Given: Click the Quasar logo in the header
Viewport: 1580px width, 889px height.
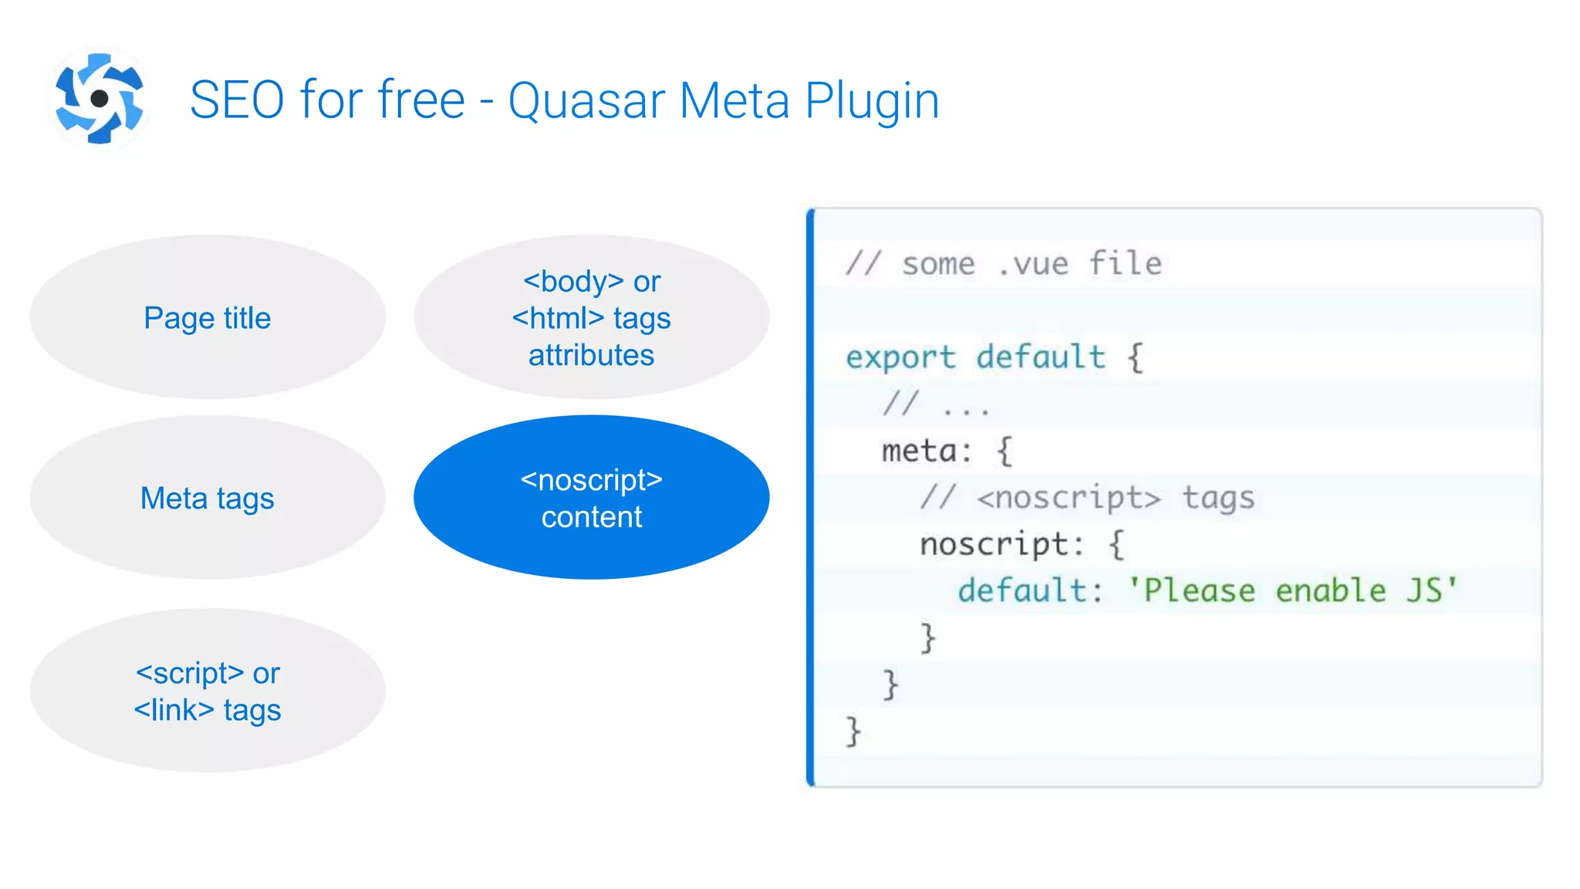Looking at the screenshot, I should point(99,98).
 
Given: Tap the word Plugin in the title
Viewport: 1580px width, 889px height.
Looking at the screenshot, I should point(872,101).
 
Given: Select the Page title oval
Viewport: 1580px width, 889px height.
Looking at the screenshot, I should point(208,317).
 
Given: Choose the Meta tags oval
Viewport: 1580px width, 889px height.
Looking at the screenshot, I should point(208,498).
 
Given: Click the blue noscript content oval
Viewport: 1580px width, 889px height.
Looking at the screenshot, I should point(591,498).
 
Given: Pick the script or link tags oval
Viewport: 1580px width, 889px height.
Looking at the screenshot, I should point(208,691).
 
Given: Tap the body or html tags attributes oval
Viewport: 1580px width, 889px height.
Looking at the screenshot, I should point(591,317).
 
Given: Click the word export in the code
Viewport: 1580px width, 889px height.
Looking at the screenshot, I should point(900,357).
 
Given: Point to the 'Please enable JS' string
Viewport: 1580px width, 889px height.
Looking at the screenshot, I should point(1292,590).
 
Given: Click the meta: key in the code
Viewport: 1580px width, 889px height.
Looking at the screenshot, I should point(927,451).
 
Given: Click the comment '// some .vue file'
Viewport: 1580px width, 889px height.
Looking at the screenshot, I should point(1003,264).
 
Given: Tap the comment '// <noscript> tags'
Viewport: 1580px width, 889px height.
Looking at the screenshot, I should point(1086,498).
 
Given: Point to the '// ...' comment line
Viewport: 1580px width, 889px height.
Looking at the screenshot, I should point(936,404).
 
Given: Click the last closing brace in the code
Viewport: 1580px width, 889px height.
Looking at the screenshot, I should point(852,731).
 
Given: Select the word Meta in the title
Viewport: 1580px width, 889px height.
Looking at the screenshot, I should point(734,101).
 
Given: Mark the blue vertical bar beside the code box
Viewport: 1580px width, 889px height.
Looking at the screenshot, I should point(810,498).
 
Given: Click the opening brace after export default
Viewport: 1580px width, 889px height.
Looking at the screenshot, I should point(1135,357).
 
